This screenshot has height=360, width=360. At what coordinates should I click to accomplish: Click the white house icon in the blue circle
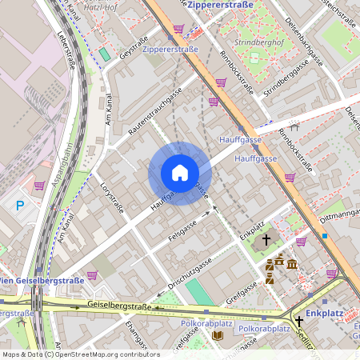(x=179, y=173)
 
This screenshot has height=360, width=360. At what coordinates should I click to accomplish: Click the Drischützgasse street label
(x=190, y=273)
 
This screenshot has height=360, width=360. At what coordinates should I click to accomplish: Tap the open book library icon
(x=218, y=335)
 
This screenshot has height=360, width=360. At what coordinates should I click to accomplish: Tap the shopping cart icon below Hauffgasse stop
(x=290, y=177)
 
